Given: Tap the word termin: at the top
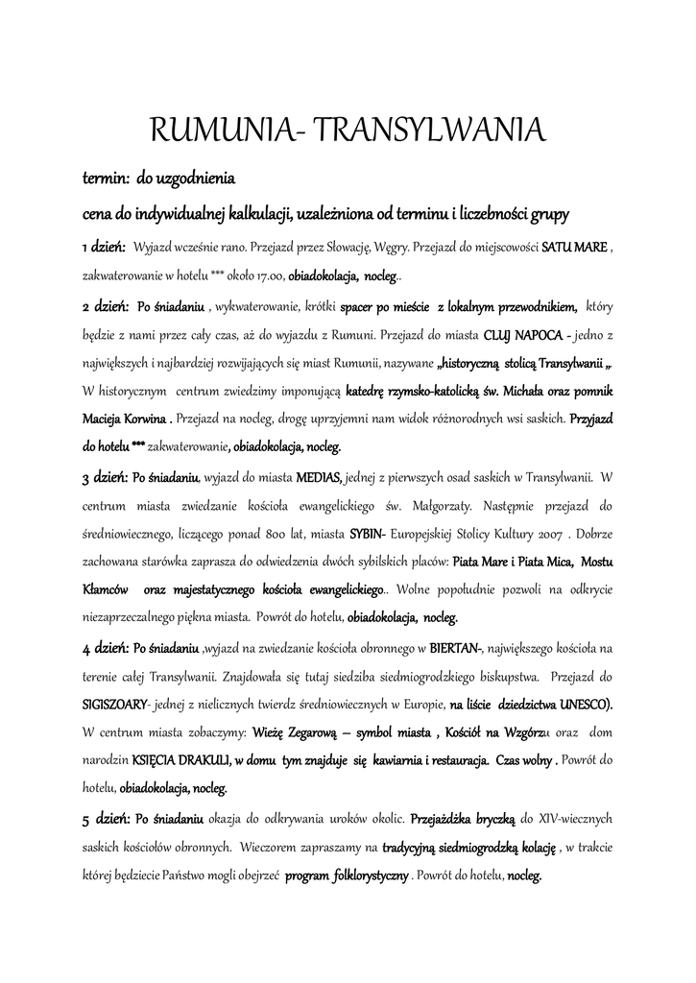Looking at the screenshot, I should pos(104,179).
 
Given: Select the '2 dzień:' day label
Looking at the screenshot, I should pos(105,307).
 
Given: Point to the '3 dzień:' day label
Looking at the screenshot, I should pos(105,476).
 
